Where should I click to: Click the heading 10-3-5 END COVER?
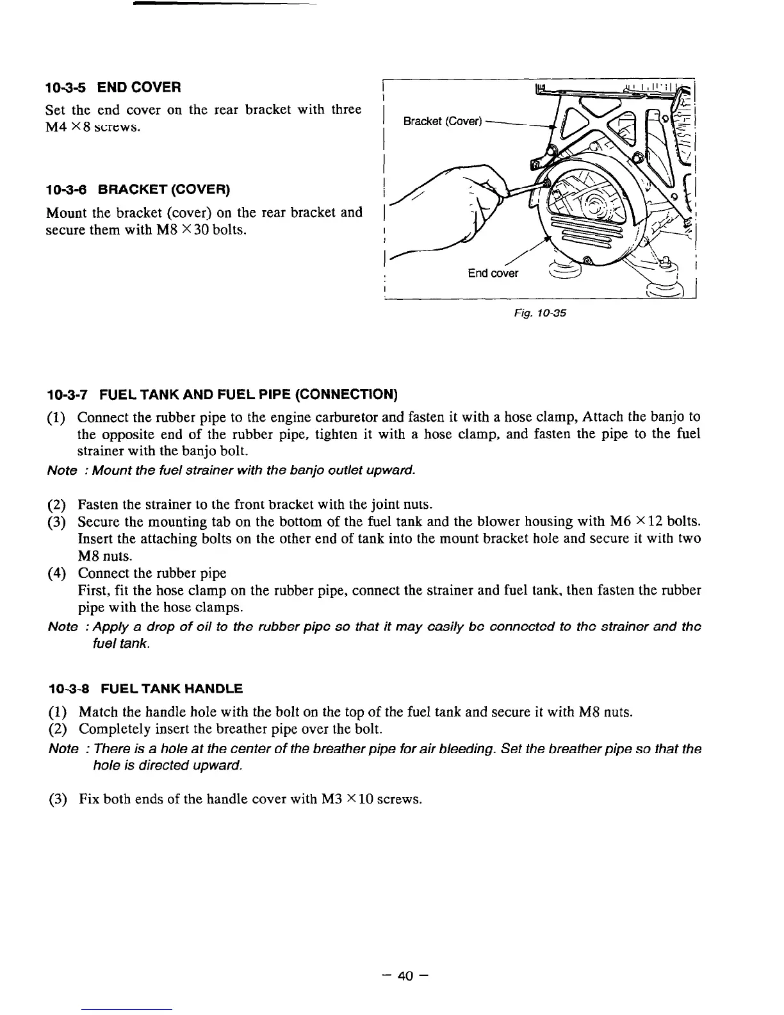pos(113,87)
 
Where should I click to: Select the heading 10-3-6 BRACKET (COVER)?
pos(138,190)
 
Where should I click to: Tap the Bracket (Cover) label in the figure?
pos(442,122)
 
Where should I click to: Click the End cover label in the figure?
pos(493,274)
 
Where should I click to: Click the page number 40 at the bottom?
pos(405,976)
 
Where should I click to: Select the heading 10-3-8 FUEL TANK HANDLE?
pos(145,689)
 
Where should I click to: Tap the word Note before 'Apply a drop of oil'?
pos(62,626)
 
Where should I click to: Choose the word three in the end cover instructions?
pos(346,110)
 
